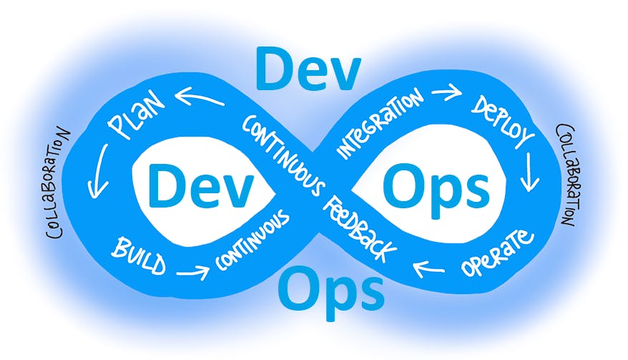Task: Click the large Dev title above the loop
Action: (x=308, y=69)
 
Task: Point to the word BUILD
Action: (x=139, y=255)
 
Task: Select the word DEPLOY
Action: (x=503, y=122)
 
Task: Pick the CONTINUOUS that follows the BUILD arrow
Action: (x=252, y=240)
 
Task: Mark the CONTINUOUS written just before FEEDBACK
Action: (x=283, y=155)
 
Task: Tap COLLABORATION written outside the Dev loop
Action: (x=57, y=183)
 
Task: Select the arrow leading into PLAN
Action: (x=199, y=97)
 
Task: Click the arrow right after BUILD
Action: (x=193, y=272)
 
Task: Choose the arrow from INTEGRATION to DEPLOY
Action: (x=446, y=92)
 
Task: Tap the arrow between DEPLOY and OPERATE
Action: (x=531, y=172)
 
